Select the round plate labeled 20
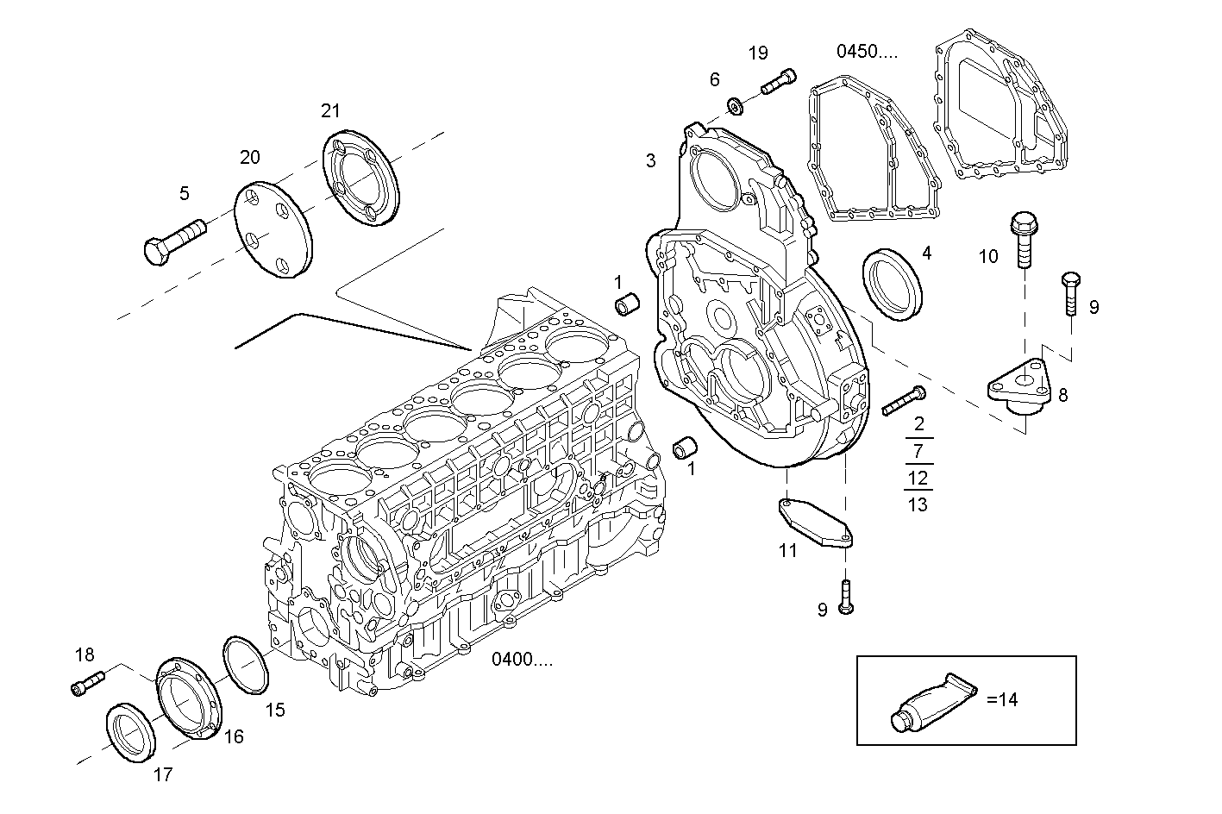pos(274,229)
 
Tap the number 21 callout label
pos(330,110)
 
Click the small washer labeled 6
pos(736,107)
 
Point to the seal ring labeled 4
pos(893,283)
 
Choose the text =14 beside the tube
pos(1002,700)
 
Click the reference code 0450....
pos(867,52)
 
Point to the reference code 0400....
pos(523,661)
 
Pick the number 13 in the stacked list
pos(918,504)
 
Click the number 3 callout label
pos(650,160)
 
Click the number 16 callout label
pos(234,736)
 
